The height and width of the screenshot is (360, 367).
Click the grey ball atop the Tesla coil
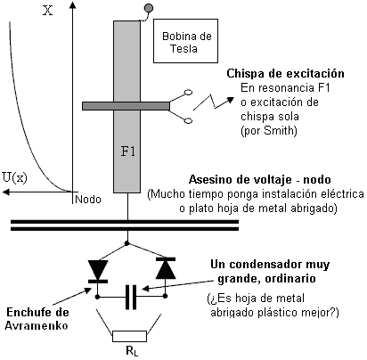(x=149, y=8)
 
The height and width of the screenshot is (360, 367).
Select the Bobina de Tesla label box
(x=185, y=41)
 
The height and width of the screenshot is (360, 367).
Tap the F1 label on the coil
(x=128, y=151)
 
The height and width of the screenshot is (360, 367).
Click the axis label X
(x=48, y=11)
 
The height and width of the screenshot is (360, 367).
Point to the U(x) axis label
(x=15, y=177)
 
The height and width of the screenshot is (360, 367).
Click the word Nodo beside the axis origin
(x=88, y=199)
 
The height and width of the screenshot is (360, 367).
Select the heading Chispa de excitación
(x=285, y=73)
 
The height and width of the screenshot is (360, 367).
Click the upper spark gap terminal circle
(x=188, y=94)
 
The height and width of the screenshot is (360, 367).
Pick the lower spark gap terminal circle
(x=188, y=120)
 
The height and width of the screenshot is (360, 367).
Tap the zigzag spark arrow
(x=213, y=102)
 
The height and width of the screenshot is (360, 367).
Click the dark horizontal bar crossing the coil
(x=126, y=106)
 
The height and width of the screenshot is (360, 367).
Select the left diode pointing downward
(x=98, y=271)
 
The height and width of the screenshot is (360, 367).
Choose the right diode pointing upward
(x=166, y=268)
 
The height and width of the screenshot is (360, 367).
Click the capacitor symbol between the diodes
(x=131, y=297)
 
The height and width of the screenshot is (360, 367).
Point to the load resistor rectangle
(x=129, y=336)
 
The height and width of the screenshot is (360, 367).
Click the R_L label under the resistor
(x=132, y=351)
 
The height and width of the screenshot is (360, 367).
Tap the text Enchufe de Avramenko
(x=37, y=319)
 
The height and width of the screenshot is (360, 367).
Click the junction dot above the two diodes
(x=127, y=243)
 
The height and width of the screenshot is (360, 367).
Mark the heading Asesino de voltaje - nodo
(x=260, y=180)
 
